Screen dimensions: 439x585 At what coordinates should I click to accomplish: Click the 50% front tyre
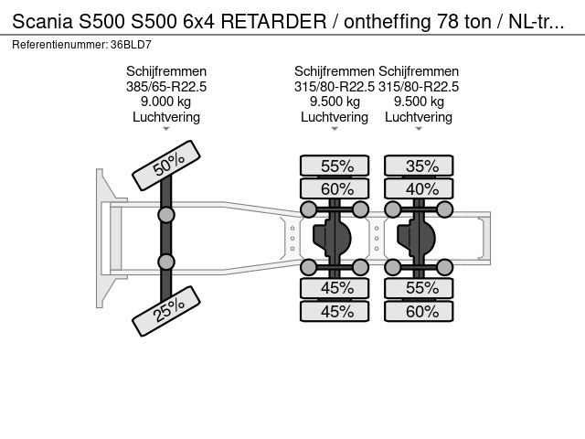(x=166, y=166)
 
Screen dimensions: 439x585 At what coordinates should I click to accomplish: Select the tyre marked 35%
(x=419, y=166)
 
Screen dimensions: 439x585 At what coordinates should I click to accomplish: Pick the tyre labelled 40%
(x=419, y=189)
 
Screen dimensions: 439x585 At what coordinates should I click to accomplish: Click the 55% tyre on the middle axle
(x=335, y=166)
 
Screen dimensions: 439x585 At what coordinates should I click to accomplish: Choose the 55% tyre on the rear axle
(x=419, y=288)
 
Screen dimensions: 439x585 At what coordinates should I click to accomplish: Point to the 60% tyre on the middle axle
(x=335, y=189)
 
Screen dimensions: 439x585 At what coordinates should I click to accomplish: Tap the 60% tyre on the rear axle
(x=419, y=311)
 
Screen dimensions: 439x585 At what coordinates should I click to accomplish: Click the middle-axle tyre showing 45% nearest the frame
(x=335, y=288)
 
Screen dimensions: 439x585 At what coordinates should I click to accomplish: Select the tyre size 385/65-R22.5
(x=166, y=87)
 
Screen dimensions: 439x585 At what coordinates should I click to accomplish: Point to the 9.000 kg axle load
(x=166, y=102)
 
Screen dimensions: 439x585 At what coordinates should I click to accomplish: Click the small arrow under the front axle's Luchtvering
(x=166, y=129)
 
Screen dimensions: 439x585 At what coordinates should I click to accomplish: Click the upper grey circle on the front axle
(x=166, y=215)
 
